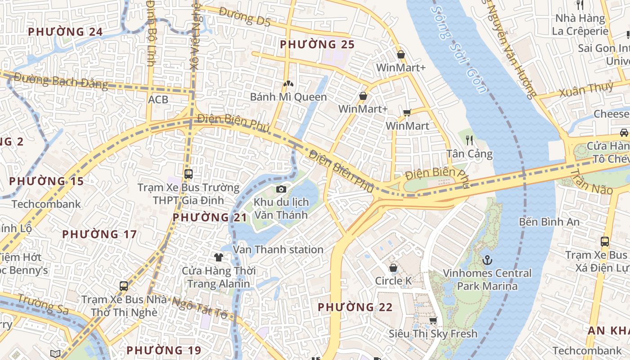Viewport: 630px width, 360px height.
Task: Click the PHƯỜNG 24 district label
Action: point(65,32)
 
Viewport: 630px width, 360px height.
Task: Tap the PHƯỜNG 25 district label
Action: point(317,45)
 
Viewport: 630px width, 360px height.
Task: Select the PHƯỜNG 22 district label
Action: point(355,307)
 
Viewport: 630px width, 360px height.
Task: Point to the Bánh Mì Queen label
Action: point(288,97)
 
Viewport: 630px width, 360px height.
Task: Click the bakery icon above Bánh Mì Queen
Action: point(288,84)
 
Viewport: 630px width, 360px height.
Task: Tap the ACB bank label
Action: point(158,99)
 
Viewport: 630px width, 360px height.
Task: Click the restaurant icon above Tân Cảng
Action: point(469,140)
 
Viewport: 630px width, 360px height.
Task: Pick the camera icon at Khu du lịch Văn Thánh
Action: point(281,189)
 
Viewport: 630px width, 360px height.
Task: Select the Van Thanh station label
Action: point(278,250)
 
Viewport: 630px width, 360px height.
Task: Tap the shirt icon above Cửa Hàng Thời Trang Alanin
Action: point(219,257)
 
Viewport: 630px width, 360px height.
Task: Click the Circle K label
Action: point(393,281)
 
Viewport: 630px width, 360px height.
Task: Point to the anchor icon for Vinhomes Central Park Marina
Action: point(487,260)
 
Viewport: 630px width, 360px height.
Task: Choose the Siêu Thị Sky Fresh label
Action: point(433,334)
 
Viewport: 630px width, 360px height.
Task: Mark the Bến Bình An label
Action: point(549,222)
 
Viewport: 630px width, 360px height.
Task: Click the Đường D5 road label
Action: point(244,17)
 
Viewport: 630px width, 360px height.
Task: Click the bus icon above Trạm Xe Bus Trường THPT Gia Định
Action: point(189,174)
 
